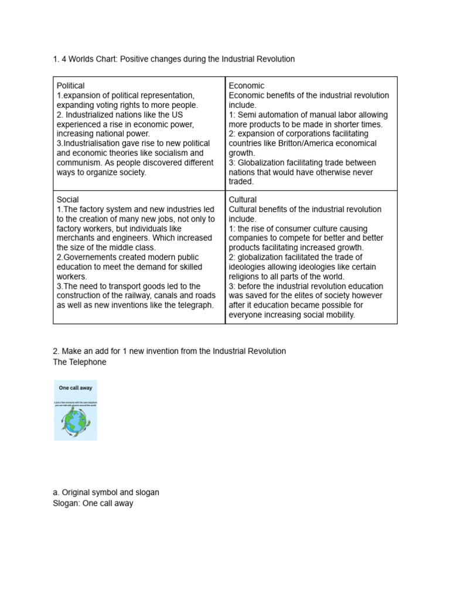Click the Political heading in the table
[70, 86]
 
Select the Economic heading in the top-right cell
[246, 86]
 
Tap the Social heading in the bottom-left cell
[67, 200]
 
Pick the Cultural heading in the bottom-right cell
[243, 200]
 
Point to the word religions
[246, 277]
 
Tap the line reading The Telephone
[80, 362]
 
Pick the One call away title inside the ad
[75, 388]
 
